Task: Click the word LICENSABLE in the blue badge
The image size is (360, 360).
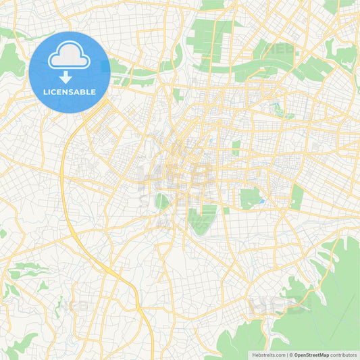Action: pos(69,92)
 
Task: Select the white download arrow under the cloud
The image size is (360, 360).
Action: pos(70,76)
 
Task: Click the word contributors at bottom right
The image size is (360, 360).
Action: pos(343,355)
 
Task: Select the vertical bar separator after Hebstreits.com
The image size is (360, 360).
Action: pos(286,355)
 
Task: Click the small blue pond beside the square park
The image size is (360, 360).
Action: pos(261,201)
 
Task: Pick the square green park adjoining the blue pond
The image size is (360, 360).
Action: pos(250,198)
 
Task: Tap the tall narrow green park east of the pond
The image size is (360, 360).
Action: pos(297,197)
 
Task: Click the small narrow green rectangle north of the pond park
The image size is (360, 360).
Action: pos(236,148)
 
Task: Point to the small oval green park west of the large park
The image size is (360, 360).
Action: pos(162,201)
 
